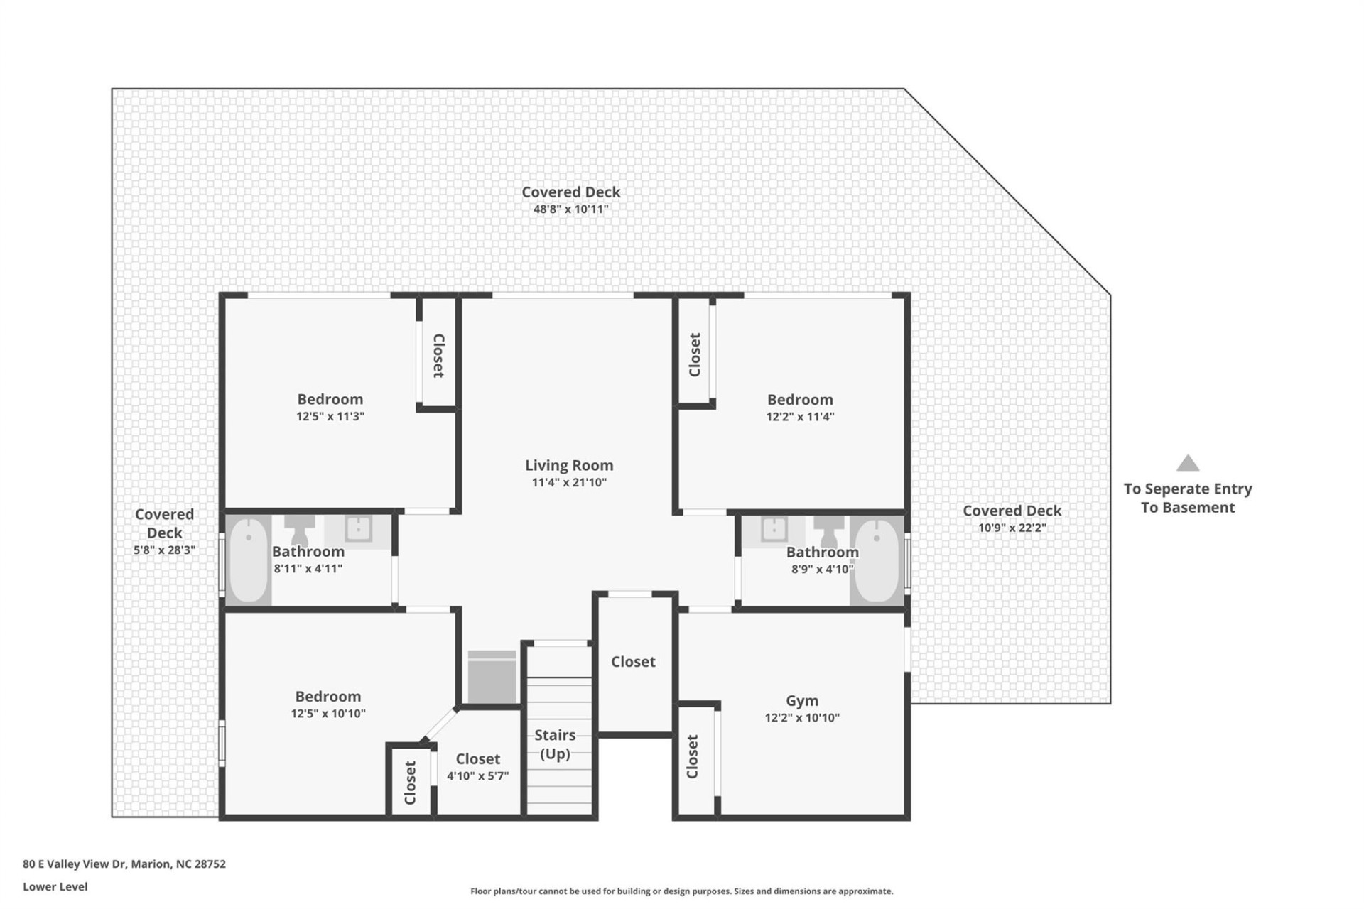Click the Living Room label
569,465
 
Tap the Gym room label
801,701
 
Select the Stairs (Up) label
555,744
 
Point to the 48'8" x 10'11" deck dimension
570,209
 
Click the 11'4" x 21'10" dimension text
569,483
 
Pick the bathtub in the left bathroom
248,560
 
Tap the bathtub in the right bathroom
876,560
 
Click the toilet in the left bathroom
299,529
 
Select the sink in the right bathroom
773,529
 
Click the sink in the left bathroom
358,529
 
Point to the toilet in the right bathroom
828,530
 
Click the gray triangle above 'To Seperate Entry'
1188,464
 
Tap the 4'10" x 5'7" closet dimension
477,776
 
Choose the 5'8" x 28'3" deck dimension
164,550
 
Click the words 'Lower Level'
55,886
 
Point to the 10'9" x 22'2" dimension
1012,528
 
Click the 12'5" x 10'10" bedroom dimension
328,714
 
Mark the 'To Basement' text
1188,508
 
